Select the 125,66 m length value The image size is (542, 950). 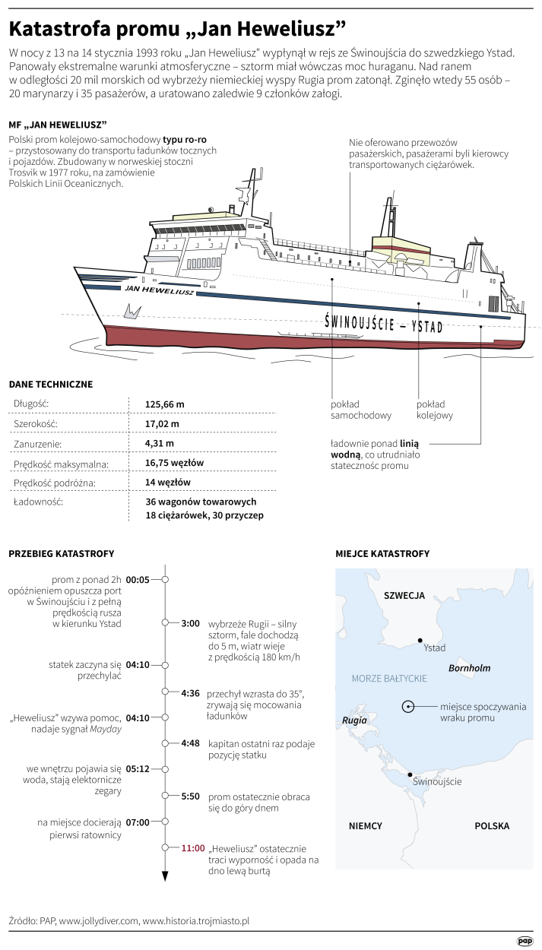click(165, 404)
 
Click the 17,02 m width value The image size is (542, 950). click(163, 423)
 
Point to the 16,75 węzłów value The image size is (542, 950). click(174, 463)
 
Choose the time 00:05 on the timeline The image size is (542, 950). click(138, 579)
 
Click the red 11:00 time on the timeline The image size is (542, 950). click(193, 847)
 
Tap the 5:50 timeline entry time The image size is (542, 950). click(190, 796)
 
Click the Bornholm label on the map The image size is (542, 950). click(469, 668)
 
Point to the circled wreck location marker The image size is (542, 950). click(408, 706)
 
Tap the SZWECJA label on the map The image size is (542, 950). click(404, 595)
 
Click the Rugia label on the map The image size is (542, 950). click(355, 720)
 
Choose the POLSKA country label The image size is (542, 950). click(492, 825)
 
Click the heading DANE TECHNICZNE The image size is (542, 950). click(50, 384)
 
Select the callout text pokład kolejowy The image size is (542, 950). click(435, 410)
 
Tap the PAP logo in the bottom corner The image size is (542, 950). click(525, 941)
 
